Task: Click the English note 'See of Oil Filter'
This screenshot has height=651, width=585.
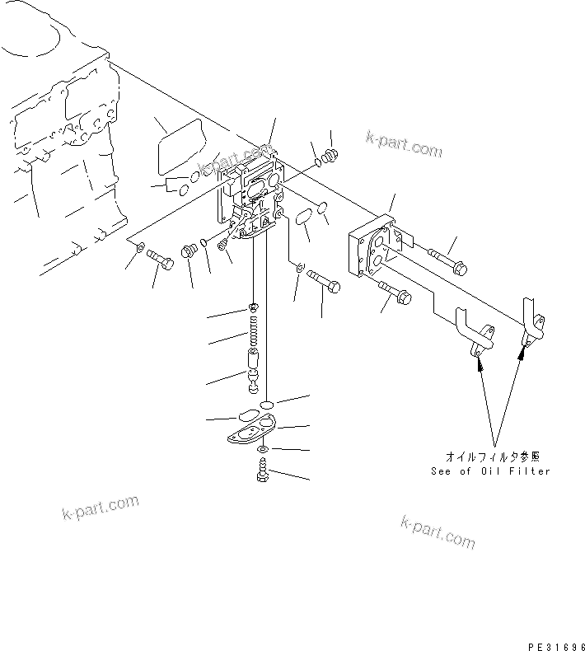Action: click(x=490, y=471)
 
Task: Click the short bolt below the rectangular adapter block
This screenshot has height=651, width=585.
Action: click(x=395, y=289)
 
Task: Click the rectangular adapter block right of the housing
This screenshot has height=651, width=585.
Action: click(x=375, y=248)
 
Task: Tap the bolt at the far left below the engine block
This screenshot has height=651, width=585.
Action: click(x=161, y=261)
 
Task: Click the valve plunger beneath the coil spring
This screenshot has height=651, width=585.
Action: click(x=255, y=363)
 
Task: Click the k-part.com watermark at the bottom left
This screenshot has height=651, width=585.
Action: click(x=100, y=508)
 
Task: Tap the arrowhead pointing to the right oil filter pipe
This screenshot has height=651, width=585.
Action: click(x=521, y=354)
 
